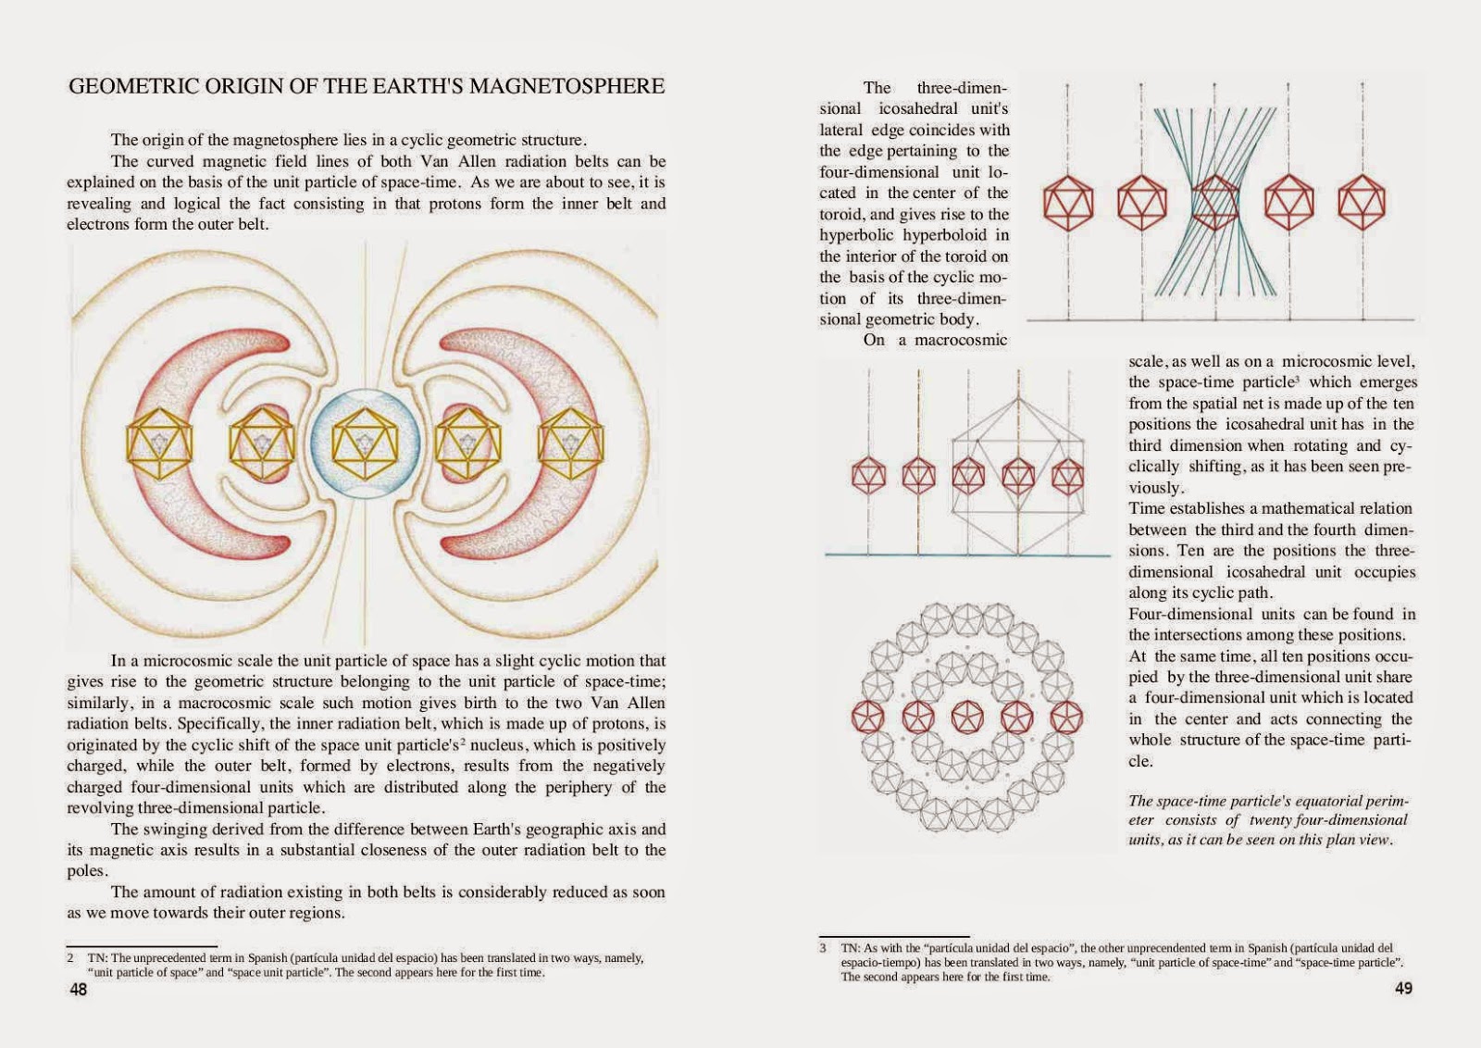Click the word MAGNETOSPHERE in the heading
click(566, 86)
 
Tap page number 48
click(79, 990)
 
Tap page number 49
click(1403, 989)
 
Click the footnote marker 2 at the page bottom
click(70, 958)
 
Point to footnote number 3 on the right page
click(822, 949)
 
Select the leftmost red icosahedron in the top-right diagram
click(1068, 202)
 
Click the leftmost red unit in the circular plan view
click(868, 717)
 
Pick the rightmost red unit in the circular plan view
click(1067, 717)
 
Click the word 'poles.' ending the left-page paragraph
click(88, 871)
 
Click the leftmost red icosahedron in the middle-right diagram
click(868, 475)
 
